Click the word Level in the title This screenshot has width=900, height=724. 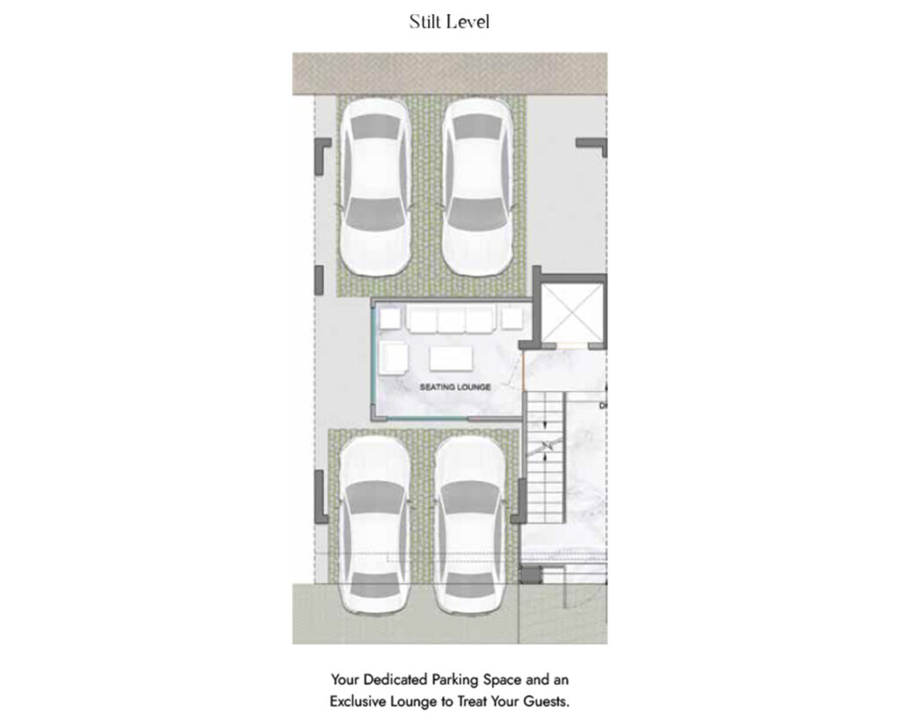[469, 22]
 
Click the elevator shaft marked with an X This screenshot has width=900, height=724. [571, 312]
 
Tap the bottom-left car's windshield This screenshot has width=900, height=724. [375, 498]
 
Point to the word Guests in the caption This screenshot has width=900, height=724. [545, 702]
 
